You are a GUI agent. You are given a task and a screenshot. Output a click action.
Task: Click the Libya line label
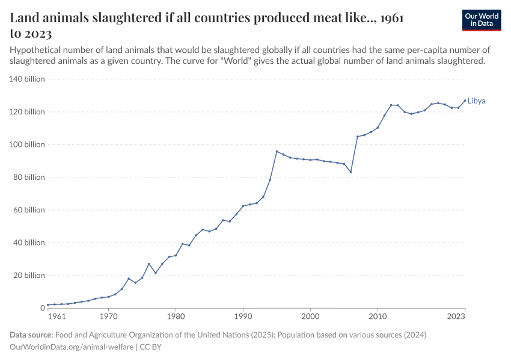(x=477, y=101)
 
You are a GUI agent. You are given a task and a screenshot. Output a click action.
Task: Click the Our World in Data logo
(x=481, y=20)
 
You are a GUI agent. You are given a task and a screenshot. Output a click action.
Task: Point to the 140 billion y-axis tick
(x=26, y=79)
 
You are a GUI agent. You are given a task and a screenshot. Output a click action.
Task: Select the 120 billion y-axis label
(x=26, y=112)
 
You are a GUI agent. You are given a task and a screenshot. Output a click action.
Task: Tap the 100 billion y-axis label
(x=26, y=144)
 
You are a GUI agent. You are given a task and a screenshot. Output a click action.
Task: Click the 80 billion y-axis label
(x=28, y=177)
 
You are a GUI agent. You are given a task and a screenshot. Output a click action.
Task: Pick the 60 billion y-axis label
(x=28, y=210)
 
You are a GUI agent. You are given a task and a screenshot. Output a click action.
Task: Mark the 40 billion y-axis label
(x=28, y=243)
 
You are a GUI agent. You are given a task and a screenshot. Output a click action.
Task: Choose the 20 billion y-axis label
(x=28, y=276)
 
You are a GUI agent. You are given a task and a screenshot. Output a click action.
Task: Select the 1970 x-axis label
(x=108, y=315)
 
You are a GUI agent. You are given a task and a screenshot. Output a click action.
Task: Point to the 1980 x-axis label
(x=176, y=315)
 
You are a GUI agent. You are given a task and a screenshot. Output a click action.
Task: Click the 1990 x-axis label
(x=243, y=315)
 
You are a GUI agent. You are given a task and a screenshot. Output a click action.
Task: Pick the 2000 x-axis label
(x=310, y=315)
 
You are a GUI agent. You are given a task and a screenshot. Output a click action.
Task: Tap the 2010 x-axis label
(x=378, y=315)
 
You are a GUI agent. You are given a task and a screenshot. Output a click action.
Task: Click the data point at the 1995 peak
(x=277, y=151)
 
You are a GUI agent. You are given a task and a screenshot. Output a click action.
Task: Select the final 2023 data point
(x=465, y=100)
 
